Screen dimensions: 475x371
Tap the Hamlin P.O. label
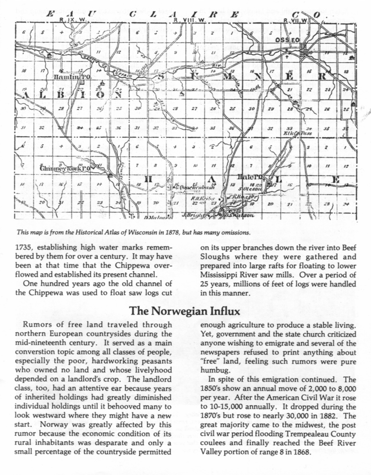[72, 76]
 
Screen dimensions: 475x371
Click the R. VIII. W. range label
[189, 21]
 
